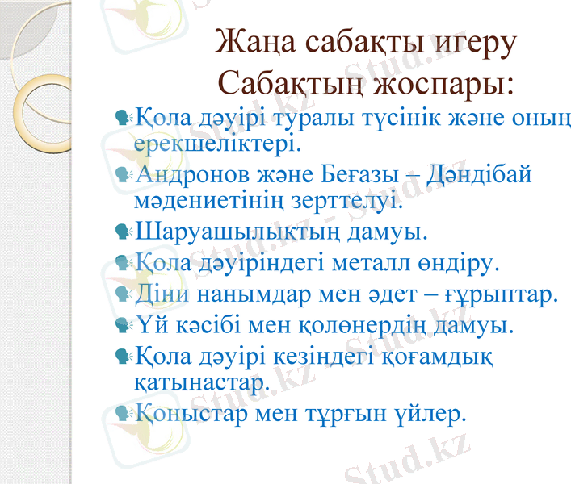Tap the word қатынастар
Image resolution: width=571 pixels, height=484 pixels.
point(200,382)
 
